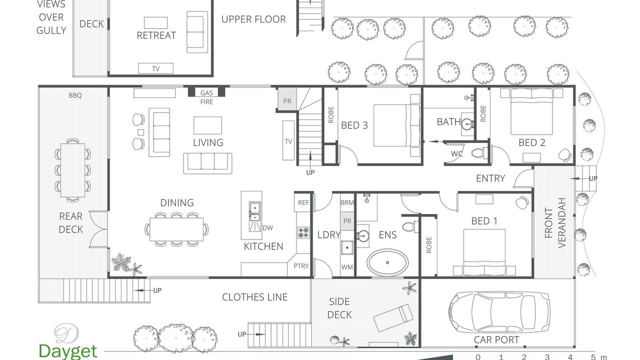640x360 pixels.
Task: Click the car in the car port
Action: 499,312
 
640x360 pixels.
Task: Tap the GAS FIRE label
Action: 206,97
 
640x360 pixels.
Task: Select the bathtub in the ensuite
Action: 387,262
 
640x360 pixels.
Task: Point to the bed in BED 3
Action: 396,125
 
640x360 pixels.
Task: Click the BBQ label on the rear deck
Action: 75,95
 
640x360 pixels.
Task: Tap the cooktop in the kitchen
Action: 303,232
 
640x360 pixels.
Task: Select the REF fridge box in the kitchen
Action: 302,202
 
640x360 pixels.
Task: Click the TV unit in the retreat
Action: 155,68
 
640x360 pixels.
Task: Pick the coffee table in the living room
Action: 207,125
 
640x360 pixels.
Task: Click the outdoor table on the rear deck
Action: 73,170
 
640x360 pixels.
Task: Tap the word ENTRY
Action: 490,178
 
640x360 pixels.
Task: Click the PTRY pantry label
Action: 301,266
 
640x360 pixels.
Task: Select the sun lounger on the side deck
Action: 393,317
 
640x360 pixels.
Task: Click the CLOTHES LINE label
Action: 254,297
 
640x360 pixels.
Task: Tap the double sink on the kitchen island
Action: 254,211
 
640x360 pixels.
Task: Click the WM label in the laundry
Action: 347,267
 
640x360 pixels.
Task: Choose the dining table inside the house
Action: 176,229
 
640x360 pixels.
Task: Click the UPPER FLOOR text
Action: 253,19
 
